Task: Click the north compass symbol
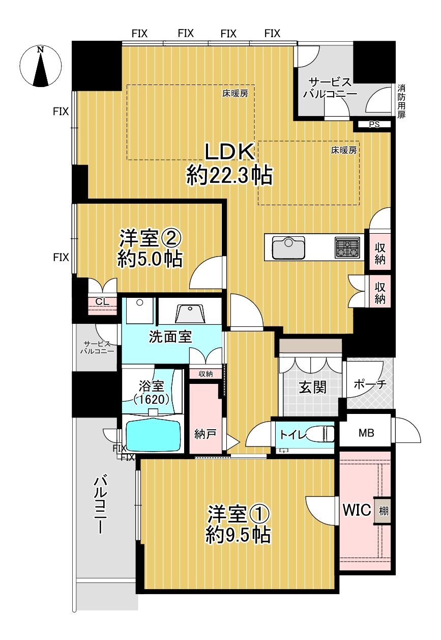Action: tap(40, 67)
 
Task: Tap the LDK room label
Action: tap(229, 152)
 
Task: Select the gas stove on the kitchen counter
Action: tap(347, 247)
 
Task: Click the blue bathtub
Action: tap(153, 435)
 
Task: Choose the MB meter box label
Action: tap(366, 433)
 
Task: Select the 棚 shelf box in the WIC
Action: tap(383, 511)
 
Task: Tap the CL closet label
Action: tap(102, 302)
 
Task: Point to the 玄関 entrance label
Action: tap(312, 387)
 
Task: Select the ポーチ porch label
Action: tap(369, 384)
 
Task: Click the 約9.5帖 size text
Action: tap(238, 535)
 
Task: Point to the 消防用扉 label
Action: tap(401, 101)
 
